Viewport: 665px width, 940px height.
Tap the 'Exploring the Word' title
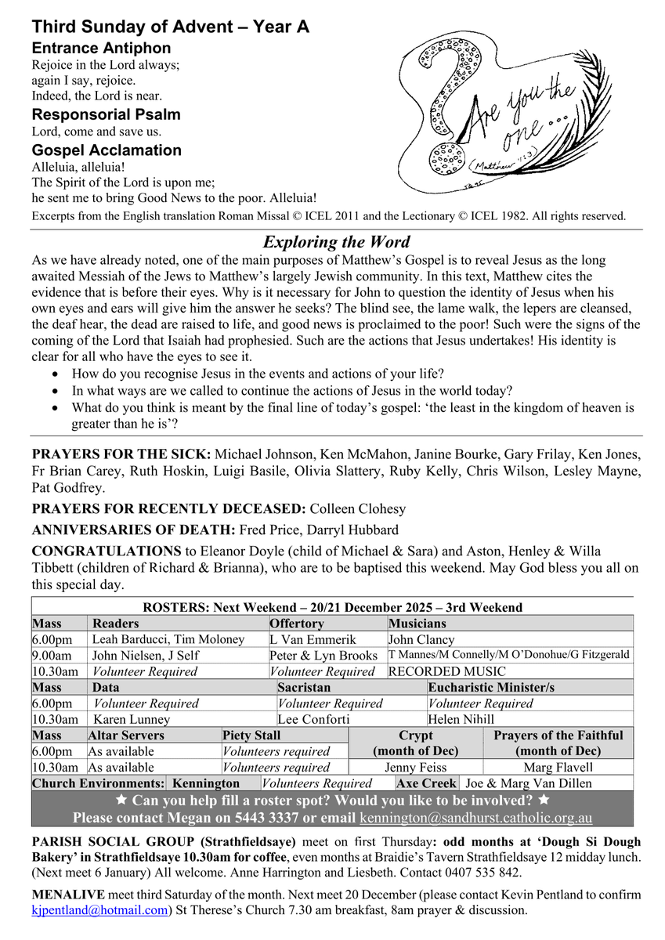pos(336,242)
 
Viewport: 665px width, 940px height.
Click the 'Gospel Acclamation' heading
pos(107,150)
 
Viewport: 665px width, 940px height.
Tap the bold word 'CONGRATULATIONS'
pos(107,551)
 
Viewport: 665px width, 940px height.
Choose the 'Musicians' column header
pos(417,624)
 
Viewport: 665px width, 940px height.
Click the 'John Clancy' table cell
pos(421,640)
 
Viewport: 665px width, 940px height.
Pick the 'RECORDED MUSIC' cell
pos(447,671)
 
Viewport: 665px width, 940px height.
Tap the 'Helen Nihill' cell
pos(461,719)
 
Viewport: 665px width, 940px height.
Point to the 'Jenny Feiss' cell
pos(415,768)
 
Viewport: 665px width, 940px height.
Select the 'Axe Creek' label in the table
pos(426,783)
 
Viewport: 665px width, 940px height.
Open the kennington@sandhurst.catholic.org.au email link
pos(475,818)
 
